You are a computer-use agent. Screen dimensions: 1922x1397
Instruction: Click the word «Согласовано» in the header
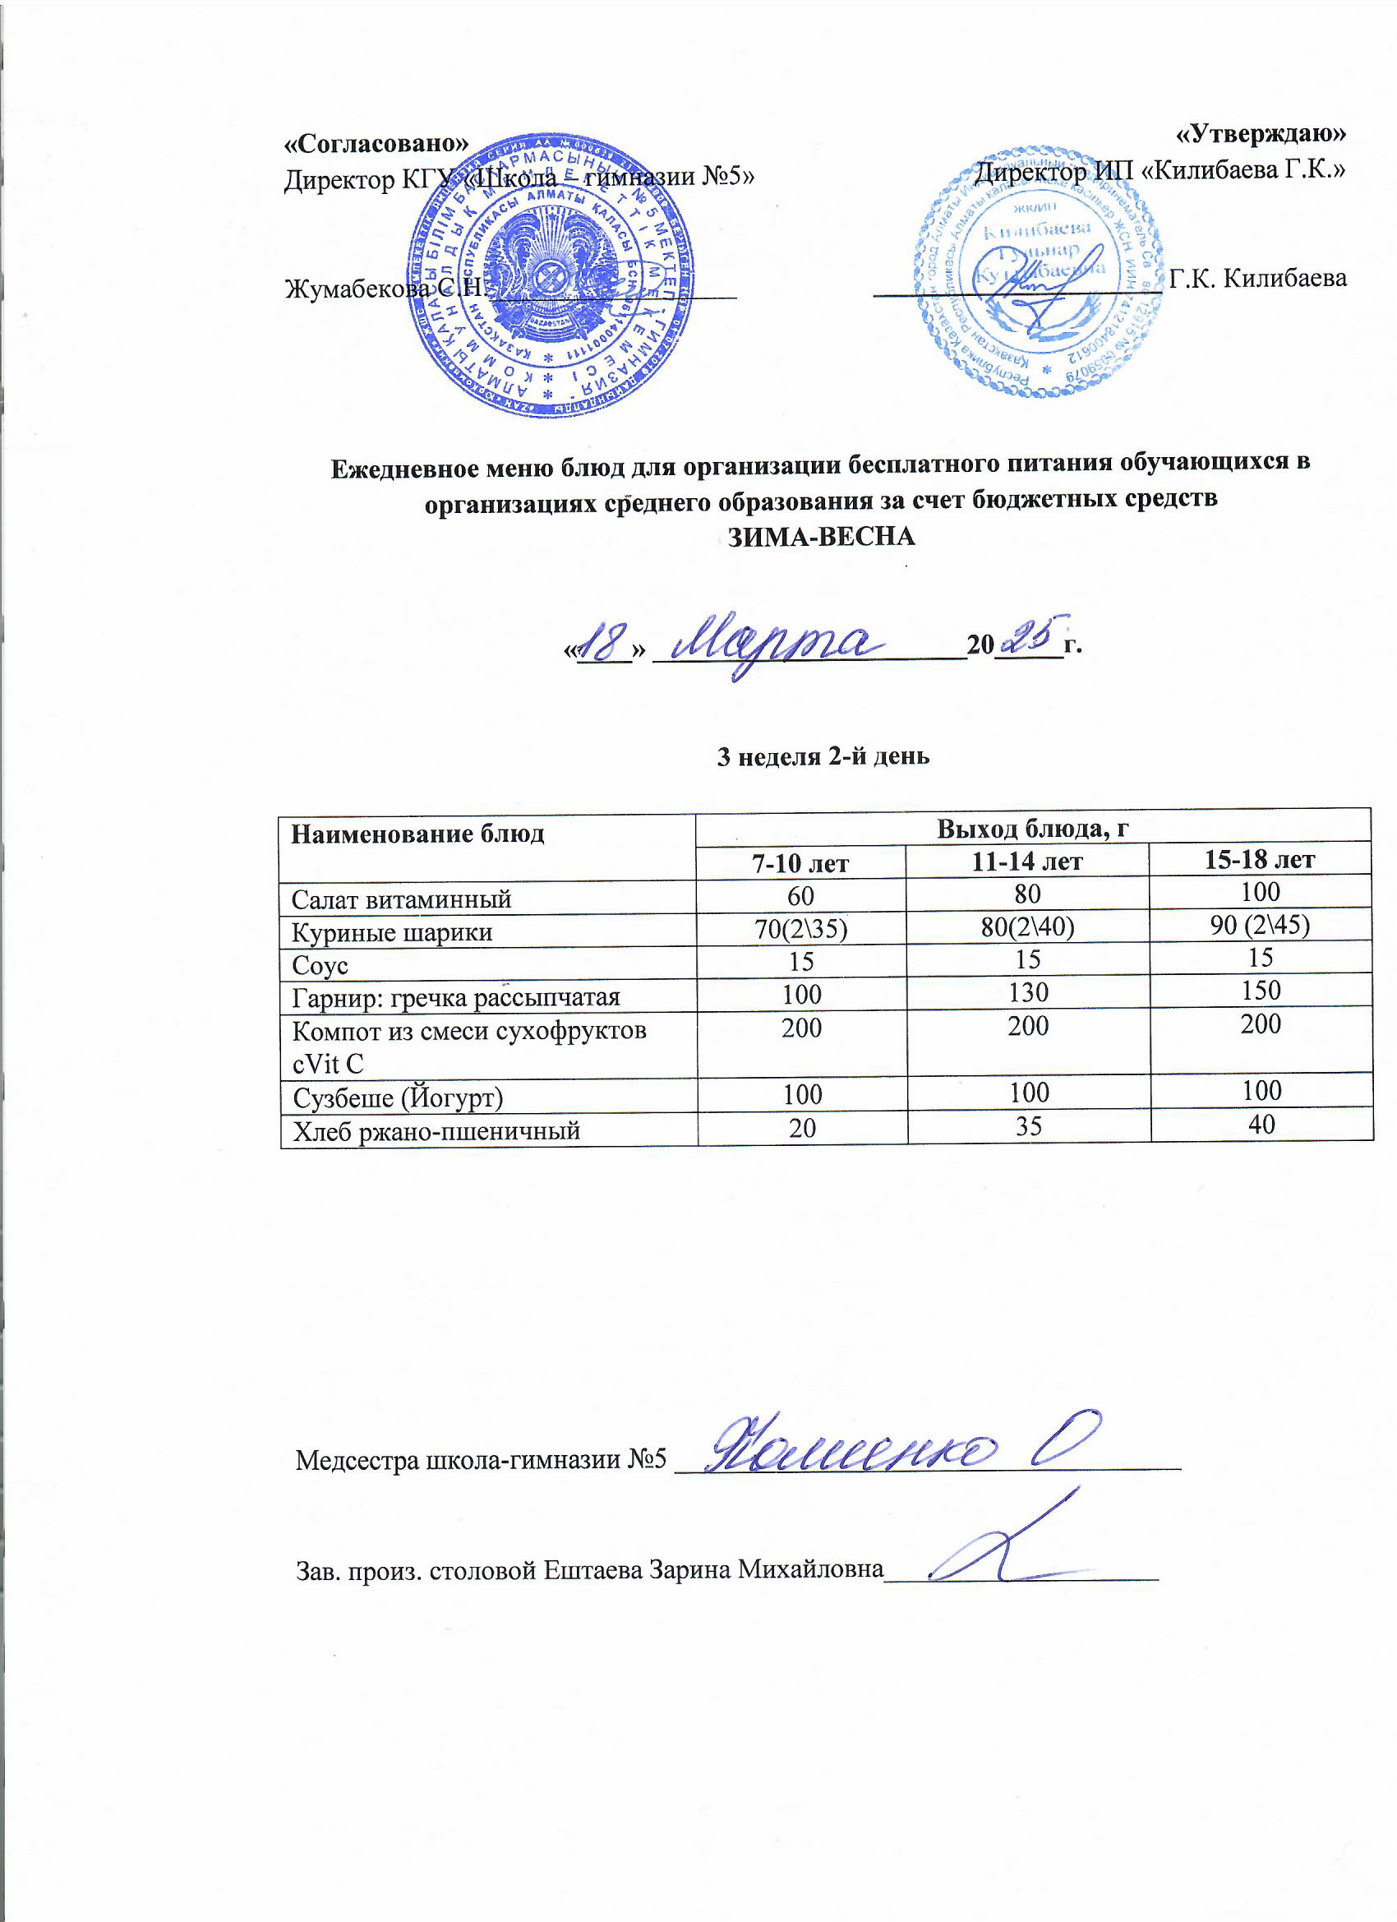pos(376,143)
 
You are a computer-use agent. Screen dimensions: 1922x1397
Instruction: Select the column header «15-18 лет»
pos(1260,860)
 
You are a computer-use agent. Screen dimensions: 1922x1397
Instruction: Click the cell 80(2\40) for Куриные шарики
pos(1028,927)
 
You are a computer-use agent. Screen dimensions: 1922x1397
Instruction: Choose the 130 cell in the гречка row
pos(1028,991)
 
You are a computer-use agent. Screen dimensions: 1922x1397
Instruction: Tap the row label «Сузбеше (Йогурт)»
pos(399,1098)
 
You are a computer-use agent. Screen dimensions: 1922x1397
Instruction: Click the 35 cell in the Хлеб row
pos(1029,1126)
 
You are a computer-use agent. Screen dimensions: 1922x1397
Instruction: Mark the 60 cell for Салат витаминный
pos(800,896)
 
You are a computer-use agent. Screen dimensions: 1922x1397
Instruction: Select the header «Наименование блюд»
pos(417,834)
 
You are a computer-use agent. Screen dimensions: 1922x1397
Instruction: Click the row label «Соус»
pos(320,965)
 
